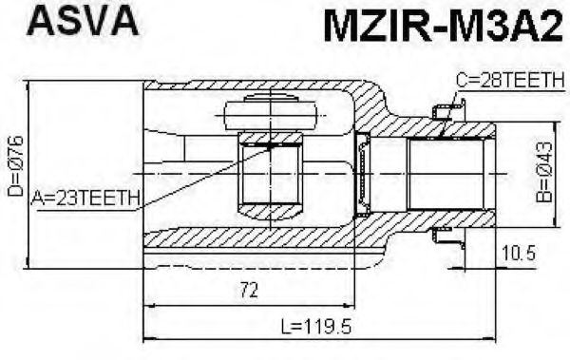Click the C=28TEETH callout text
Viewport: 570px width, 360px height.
point(509,83)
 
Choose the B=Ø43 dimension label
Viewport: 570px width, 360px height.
point(543,176)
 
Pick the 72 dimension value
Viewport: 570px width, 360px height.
point(248,292)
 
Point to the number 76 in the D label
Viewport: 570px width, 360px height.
point(15,149)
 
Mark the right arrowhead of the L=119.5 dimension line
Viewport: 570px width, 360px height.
point(493,337)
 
